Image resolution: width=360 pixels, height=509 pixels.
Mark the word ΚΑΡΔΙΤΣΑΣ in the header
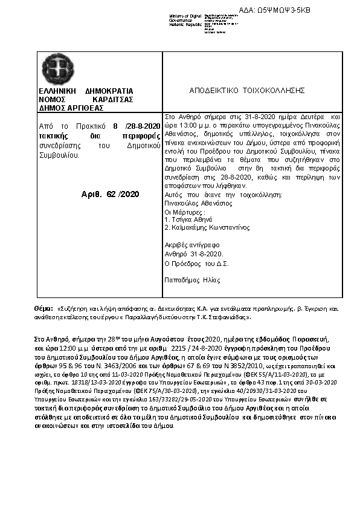113,99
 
